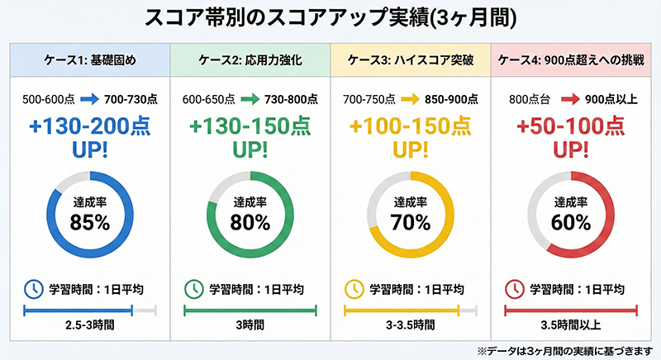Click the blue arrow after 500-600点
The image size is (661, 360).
tap(89, 98)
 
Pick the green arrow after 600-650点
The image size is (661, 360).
tap(249, 98)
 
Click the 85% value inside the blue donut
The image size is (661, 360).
tap(89, 221)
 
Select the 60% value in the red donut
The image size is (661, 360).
tap(571, 221)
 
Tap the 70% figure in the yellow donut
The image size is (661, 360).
tap(411, 221)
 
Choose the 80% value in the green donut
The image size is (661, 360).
tap(250, 221)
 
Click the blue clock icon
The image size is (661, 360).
tap(31, 289)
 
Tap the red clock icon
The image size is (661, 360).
tap(514, 289)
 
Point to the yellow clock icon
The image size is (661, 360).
tap(353, 289)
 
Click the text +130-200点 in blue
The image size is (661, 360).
tap(89, 128)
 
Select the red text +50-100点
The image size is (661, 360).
tap(571, 128)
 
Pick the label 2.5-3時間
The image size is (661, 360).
tap(89, 326)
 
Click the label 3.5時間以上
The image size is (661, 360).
tap(571, 326)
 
